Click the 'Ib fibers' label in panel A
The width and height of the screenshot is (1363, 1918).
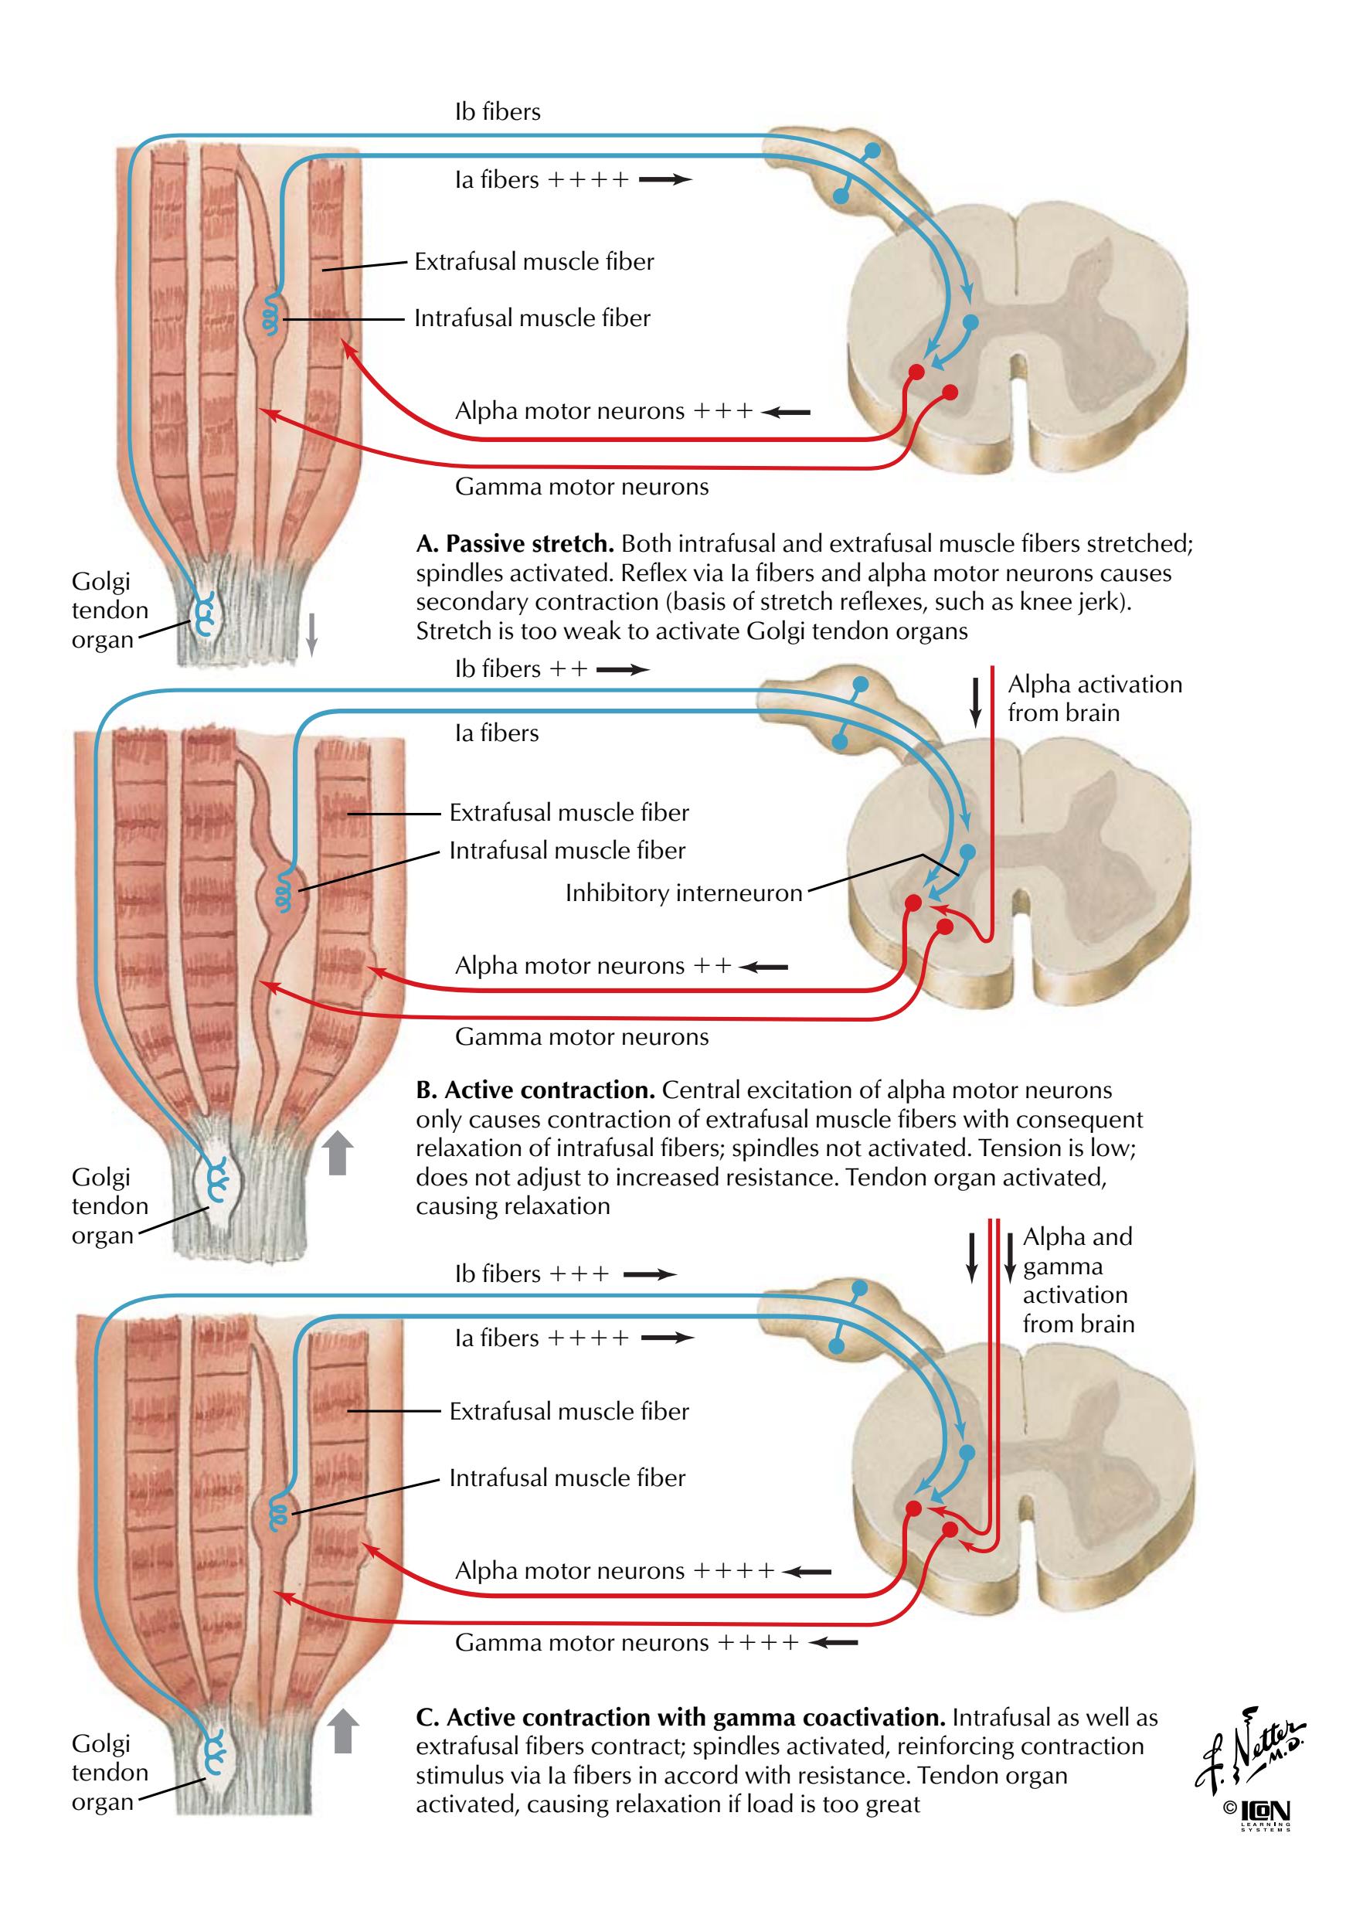497,111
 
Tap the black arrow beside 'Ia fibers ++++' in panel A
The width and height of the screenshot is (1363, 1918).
665,179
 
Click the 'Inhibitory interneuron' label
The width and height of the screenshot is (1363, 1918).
683,893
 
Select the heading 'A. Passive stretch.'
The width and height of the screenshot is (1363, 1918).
515,544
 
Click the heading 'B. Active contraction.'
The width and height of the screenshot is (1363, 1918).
535,1090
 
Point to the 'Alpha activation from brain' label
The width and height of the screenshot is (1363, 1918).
1093,699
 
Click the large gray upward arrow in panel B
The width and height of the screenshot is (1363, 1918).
338,1151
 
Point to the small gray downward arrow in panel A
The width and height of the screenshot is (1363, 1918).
311,634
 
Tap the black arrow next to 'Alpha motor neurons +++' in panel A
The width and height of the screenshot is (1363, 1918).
787,412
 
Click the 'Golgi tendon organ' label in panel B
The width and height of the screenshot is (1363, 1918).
109,1206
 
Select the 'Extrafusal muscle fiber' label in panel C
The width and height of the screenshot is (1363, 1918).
568,1411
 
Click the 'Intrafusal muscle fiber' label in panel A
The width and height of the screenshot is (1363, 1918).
532,318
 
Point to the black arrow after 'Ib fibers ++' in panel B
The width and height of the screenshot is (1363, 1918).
623,669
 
